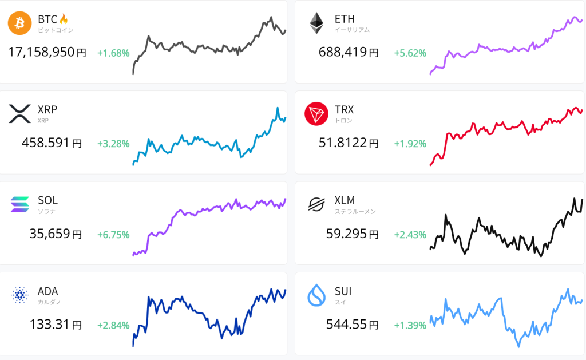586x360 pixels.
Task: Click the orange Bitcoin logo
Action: [19, 23]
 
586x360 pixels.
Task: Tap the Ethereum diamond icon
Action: [316, 23]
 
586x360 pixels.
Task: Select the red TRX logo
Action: [316, 114]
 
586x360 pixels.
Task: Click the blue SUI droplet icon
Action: [316, 295]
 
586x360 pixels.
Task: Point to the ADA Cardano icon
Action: [19, 295]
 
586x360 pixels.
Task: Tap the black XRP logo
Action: [19, 114]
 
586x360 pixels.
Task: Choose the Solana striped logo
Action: [19, 204]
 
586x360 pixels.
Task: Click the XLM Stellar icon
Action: [316, 204]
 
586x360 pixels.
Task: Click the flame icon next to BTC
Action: [64, 19]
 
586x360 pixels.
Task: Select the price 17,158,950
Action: [41, 53]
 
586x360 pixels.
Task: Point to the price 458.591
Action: [45, 143]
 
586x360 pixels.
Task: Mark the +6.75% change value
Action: [113, 235]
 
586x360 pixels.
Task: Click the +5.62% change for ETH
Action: [410, 53]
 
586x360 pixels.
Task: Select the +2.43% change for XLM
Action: [410, 235]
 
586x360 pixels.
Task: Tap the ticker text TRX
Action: [345, 109]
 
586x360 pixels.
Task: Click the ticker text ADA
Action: [47, 291]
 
